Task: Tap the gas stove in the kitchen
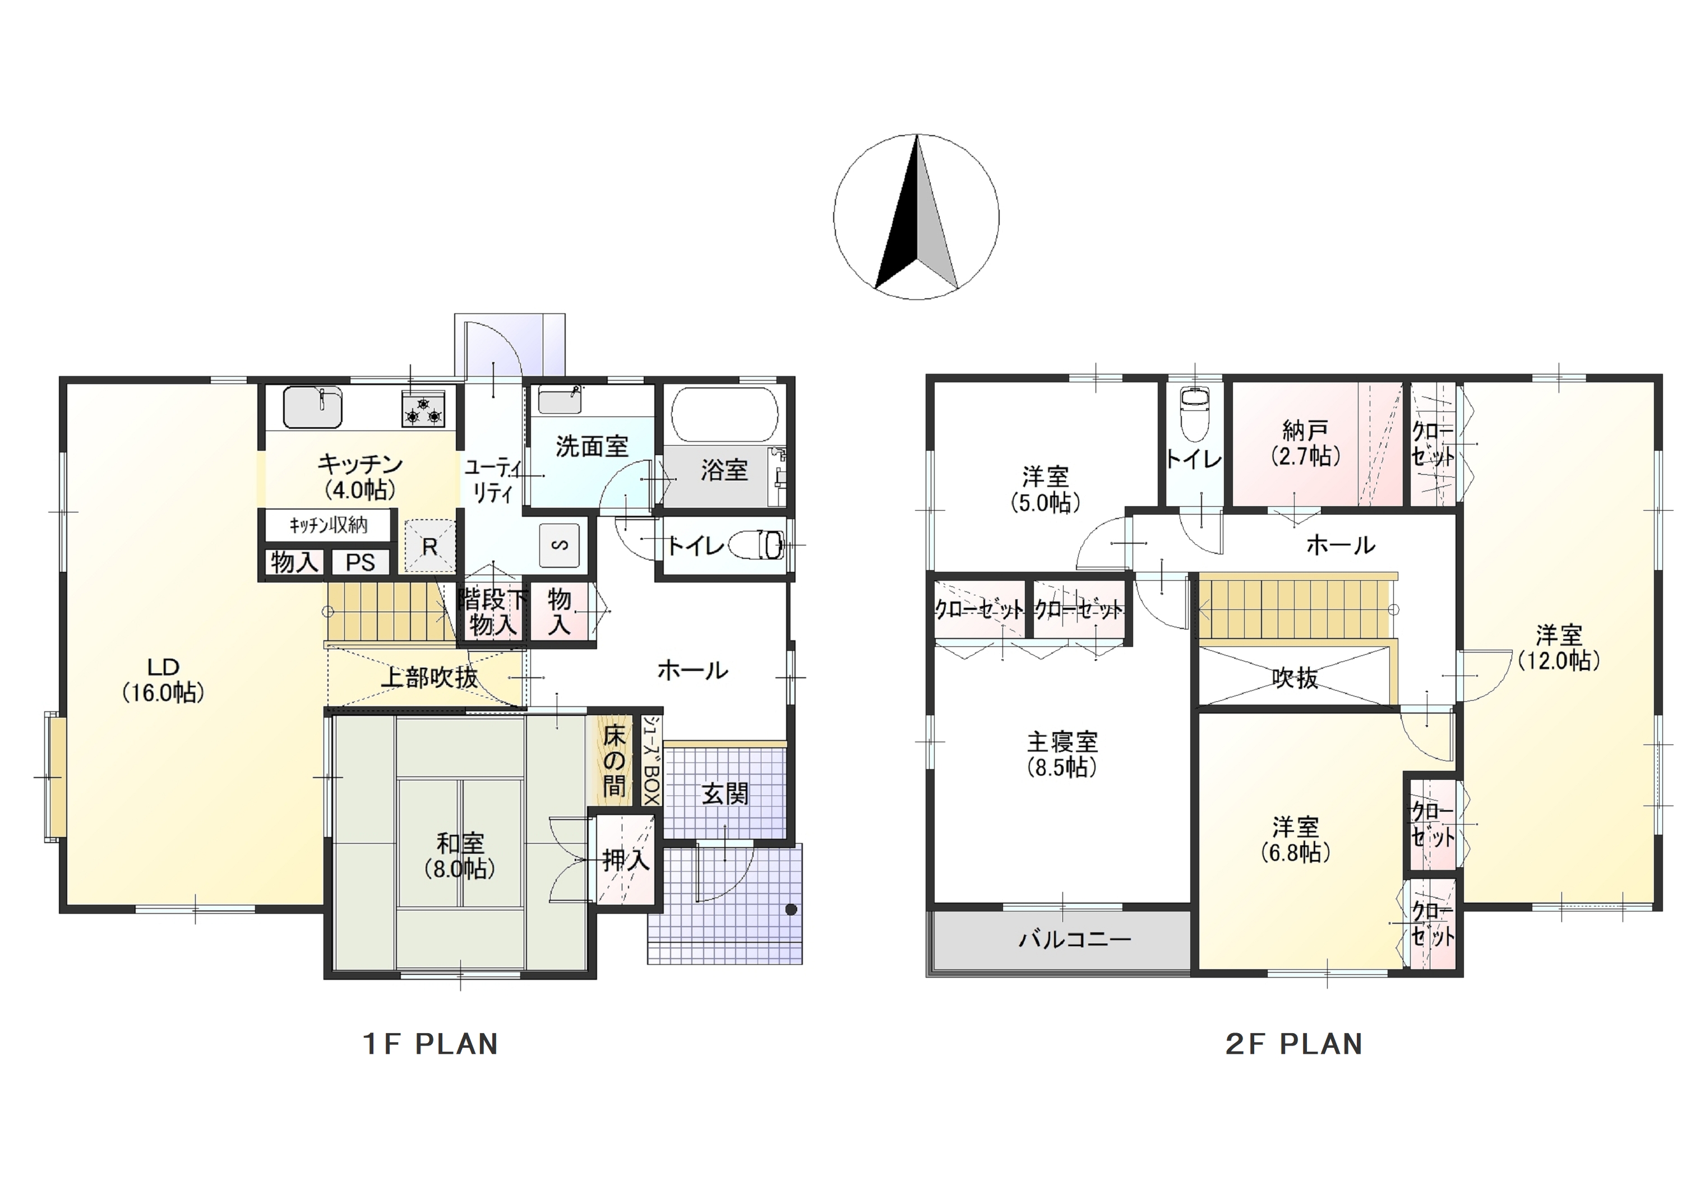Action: point(423,409)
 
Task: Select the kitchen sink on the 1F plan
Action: point(313,406)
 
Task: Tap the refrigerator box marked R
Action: point(430,546)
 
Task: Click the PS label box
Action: point(361,563)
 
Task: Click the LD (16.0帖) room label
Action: point(163,680)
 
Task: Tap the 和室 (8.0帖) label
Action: point(460,855)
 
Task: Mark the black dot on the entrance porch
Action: point(791,910)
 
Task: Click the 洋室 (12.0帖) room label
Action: point(1559,647)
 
